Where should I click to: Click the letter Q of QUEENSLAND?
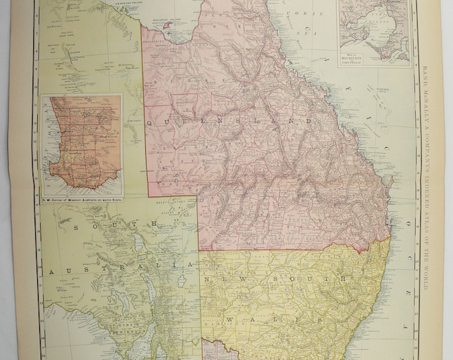[x=151, y=123]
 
